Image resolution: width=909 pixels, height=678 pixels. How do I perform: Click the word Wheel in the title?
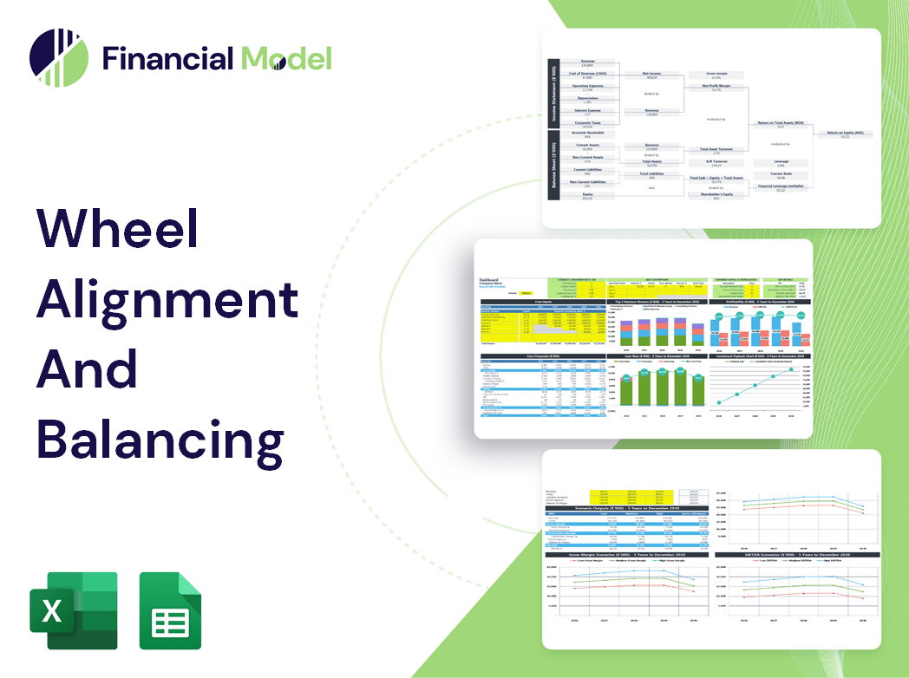pos(118,231)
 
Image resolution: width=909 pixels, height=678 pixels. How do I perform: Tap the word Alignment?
pos(167,300)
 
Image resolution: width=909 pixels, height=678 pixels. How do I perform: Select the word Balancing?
pos(160,439)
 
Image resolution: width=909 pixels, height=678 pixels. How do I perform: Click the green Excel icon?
pos(74,610)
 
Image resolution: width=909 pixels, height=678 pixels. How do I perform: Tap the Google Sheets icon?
pos(171,610)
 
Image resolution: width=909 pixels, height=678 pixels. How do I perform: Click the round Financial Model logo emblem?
pos(58,58)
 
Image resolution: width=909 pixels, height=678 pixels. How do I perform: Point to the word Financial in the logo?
pos(168,58)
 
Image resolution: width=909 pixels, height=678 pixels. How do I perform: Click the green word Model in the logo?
pos(286,58)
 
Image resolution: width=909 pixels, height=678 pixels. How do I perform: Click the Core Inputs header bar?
pos(543,302)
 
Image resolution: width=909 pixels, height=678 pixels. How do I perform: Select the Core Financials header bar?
pos(543,355)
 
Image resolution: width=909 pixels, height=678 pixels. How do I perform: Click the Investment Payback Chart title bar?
pos(760,355)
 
